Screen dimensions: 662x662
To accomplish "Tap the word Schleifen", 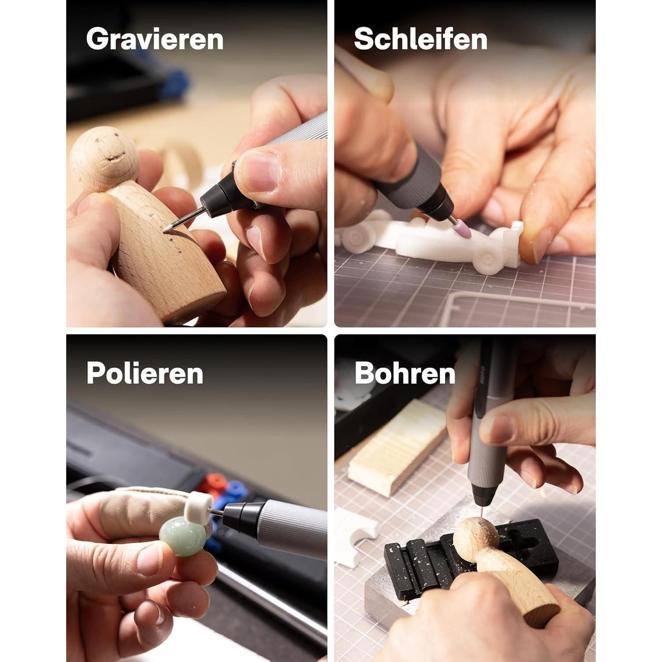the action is [421, 39].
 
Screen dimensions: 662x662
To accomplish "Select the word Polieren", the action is [145, 373].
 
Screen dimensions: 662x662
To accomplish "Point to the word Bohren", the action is [405, 373].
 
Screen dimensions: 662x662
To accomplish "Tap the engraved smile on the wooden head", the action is [113, 156].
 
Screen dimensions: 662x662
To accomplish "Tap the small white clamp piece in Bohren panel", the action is [356, 536].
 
